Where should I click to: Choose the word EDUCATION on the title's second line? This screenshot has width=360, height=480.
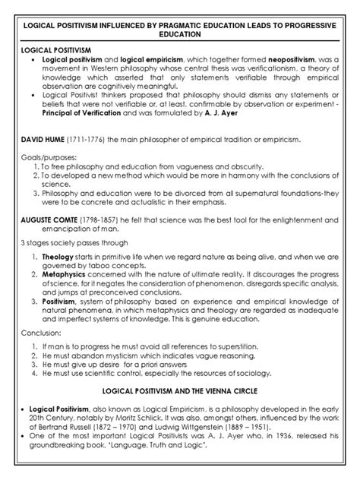click(180, 34)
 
